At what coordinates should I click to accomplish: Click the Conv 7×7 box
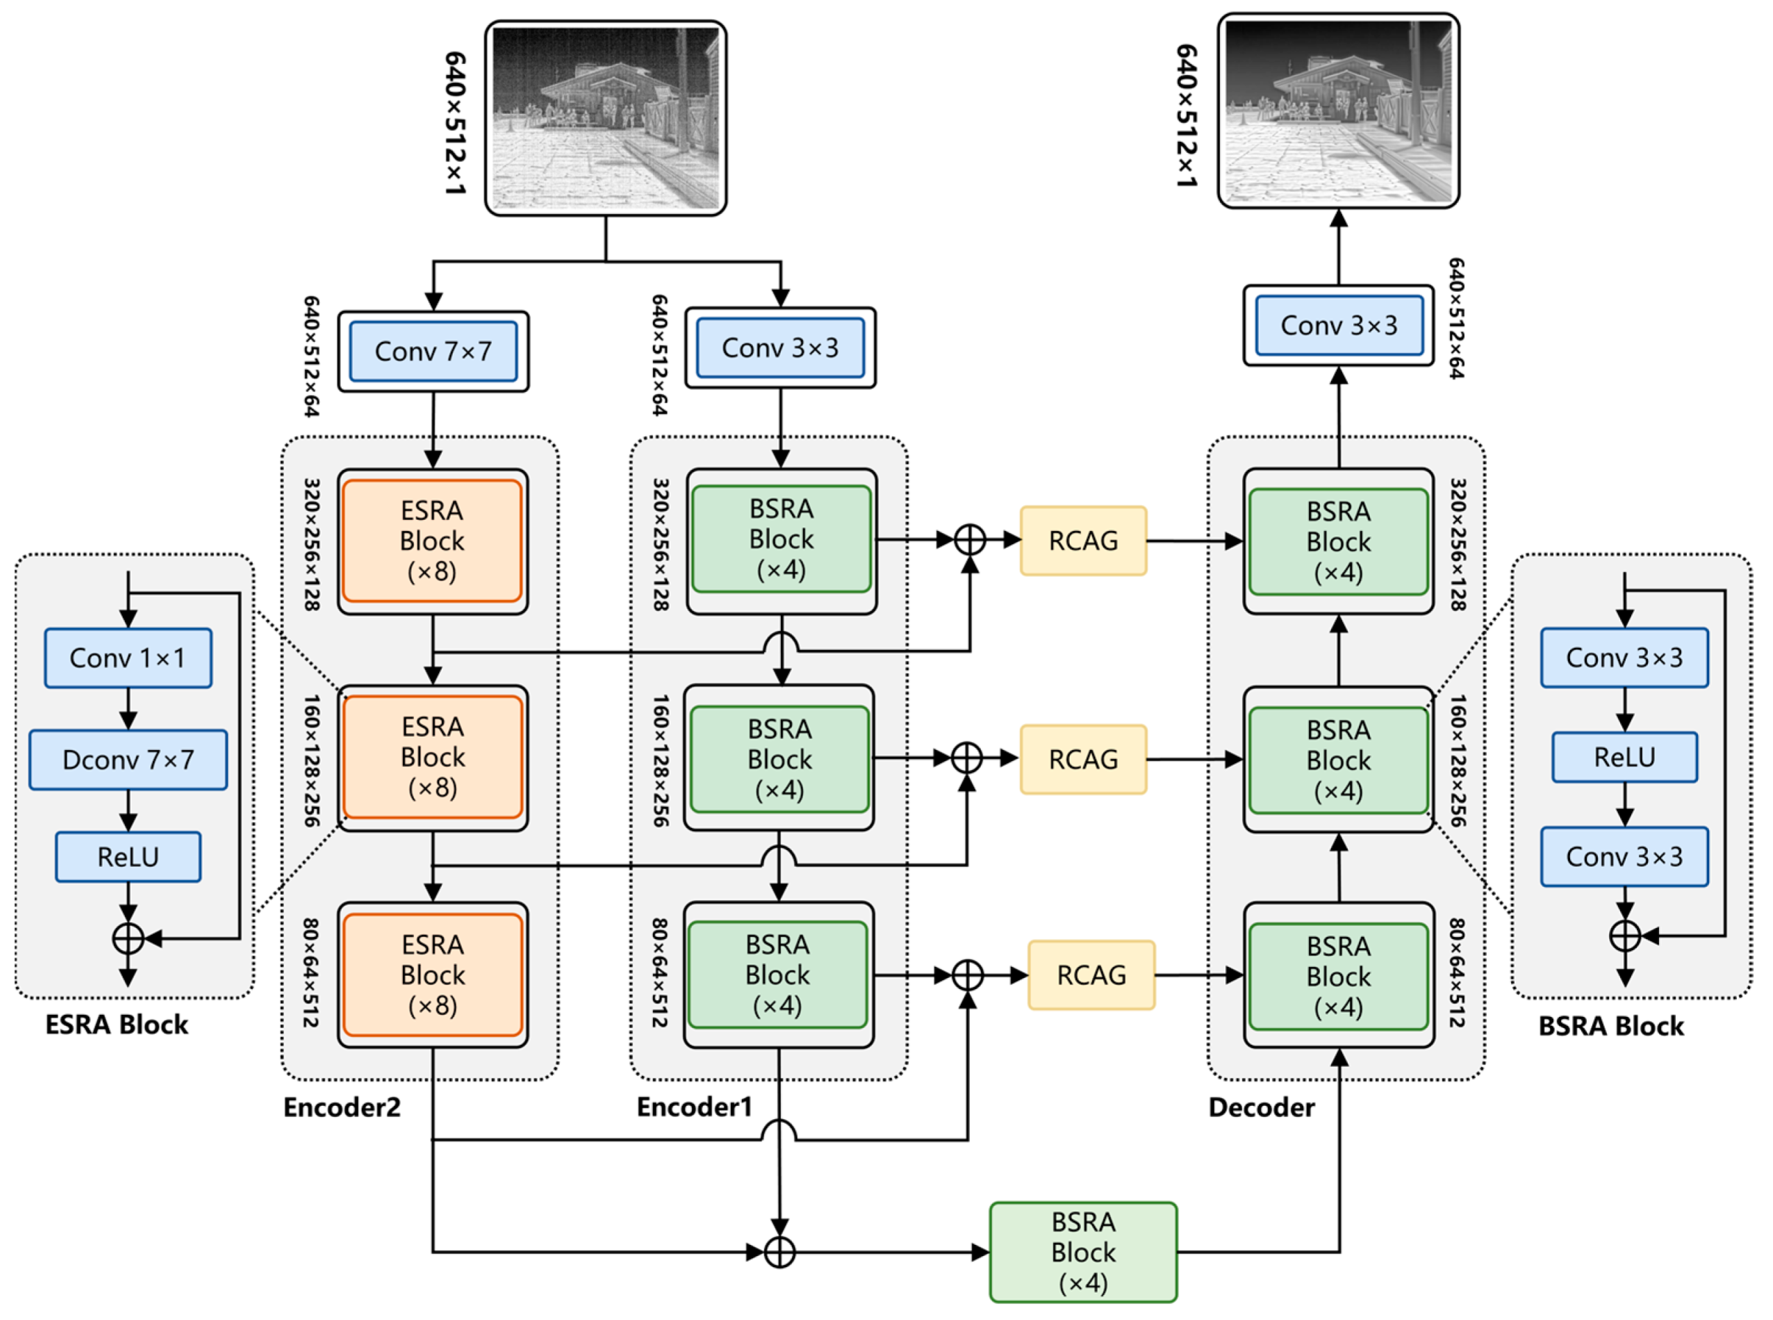433,352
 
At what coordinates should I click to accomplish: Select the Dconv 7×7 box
128,760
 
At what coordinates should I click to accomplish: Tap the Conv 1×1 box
128,658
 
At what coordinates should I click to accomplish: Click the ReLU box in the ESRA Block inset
128,856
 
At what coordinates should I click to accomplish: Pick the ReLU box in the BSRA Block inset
1624,757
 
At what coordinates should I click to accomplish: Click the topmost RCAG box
1083,541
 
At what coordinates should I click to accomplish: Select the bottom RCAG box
1091,975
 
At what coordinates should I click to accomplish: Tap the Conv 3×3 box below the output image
1339,325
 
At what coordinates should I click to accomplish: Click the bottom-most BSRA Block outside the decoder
1083,1252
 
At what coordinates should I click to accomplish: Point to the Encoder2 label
342,1107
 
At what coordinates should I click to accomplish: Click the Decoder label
1261,1107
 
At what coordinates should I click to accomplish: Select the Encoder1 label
694,1107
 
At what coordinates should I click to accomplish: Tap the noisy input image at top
605,118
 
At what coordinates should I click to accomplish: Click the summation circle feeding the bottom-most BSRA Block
780,1252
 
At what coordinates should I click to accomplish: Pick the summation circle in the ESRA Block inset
128,939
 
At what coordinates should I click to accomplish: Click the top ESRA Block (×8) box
432,541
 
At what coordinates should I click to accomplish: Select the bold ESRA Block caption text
117,1025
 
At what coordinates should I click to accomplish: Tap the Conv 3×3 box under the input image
780,348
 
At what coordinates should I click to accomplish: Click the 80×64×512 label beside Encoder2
311,973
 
